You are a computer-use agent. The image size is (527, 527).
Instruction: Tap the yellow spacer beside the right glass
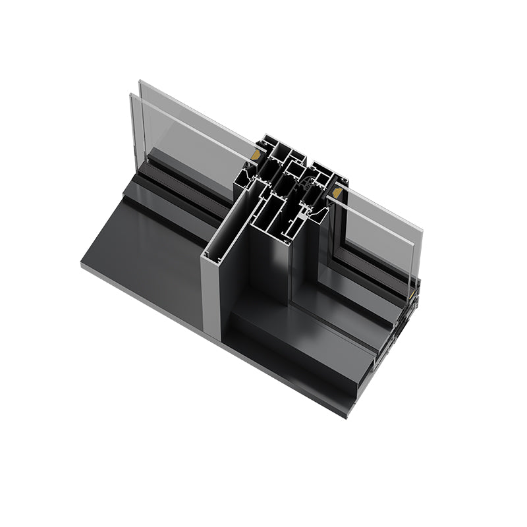(x=338, y=193)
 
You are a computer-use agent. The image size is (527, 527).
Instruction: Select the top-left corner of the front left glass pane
(x=131, y=95)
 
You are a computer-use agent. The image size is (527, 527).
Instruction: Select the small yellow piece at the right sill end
(x=414, y=296)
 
